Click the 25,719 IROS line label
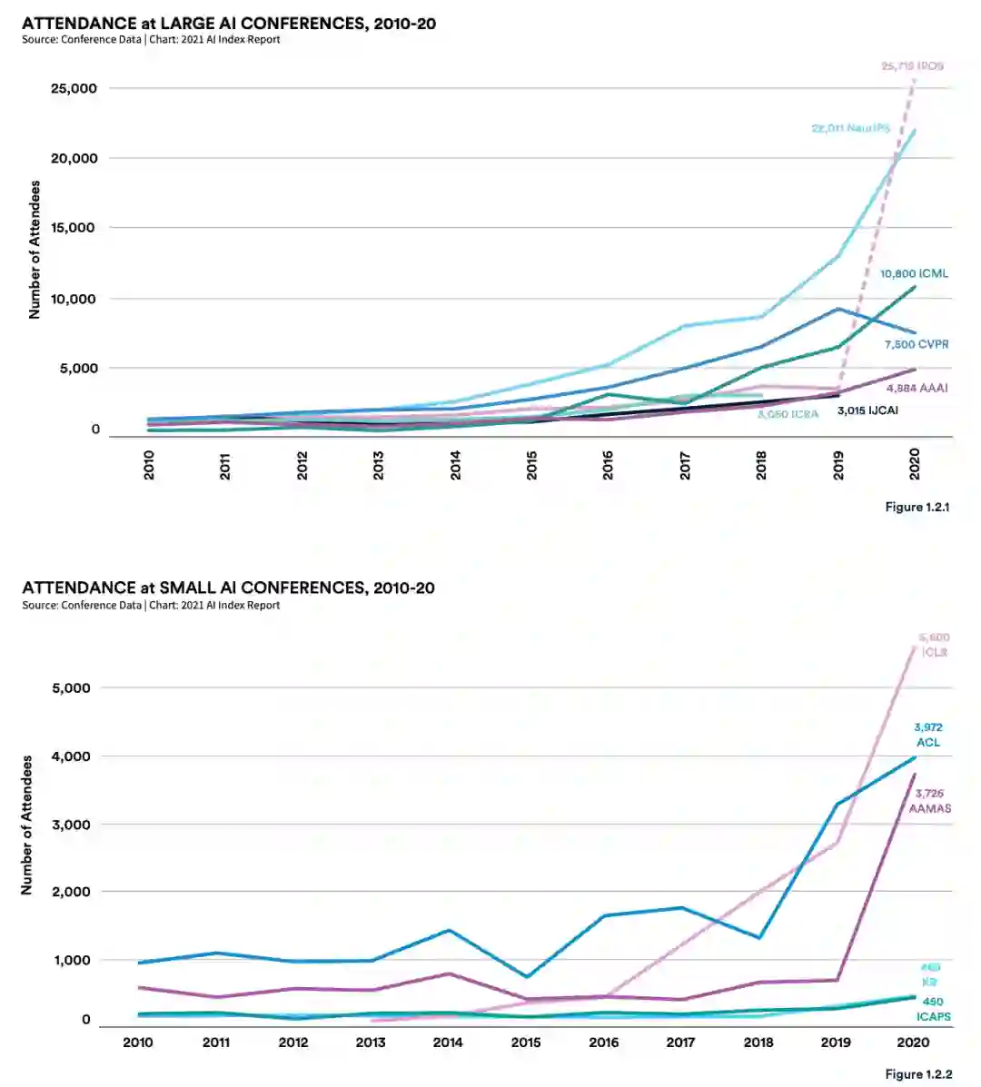click(x=911, y=66)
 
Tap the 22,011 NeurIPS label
click(x=850, y=129)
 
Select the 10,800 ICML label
click(x=914, y=273)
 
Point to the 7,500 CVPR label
click(x=916, y=344)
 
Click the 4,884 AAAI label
click(x=916, y=388)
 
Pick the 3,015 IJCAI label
click(x=867, y=410)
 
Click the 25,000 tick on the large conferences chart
click(x=74, y=88)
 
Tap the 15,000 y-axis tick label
click(x=74, y=227)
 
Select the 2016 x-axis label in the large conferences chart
click(x=608, y=465)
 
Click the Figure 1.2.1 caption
click(x=917, y=507)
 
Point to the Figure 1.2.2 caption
click(x=918, y=1074)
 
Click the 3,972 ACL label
click(x=928, y=735)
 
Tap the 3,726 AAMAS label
click(x=929, y=801)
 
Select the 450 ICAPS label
click(x=933, y=1009)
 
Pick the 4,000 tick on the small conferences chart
click(x=71, y=756)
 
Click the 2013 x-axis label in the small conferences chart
click(x=371, y=1042)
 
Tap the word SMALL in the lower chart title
click(x=190, y=588)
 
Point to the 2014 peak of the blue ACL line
click(x=448, y=930)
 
